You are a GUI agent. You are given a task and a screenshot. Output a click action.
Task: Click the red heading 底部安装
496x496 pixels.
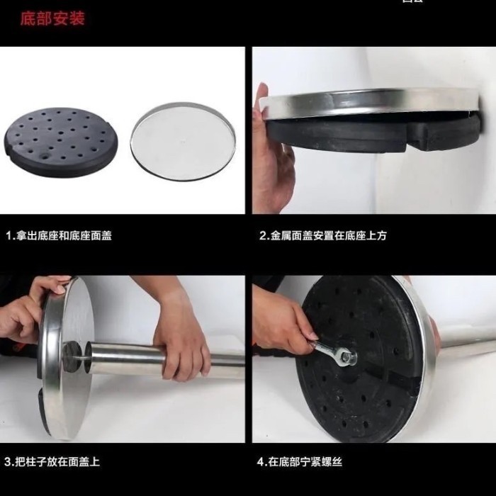52,18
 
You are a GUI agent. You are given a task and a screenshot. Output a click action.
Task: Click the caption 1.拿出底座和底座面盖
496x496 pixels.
59,236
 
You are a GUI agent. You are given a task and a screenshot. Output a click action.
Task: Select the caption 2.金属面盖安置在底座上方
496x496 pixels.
323,236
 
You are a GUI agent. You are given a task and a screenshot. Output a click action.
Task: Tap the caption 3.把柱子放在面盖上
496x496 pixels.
52,462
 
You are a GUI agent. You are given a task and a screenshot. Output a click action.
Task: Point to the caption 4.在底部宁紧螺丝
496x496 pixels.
300,462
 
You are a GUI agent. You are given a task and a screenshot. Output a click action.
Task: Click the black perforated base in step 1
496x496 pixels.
61,142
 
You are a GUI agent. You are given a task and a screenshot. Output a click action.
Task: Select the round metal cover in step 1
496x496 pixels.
183,142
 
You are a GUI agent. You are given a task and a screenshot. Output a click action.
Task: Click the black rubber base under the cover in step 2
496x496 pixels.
373,135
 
